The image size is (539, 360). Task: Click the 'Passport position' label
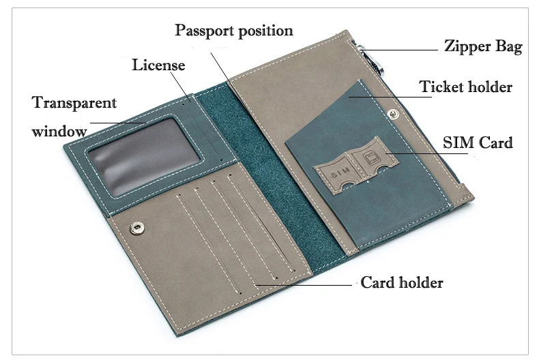coord(234,31)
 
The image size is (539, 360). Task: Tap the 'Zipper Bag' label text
coord(483,47)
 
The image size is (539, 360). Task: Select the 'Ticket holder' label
coord(465,87)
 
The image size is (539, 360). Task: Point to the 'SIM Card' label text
coord(478,143)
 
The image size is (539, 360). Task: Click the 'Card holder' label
coord(402,282)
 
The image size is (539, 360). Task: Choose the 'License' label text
coord(158,65)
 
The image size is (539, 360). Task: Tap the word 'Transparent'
coord(74,103)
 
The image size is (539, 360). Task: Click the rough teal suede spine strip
coord(259,170)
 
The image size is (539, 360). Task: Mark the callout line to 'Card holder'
coord(304,284)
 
